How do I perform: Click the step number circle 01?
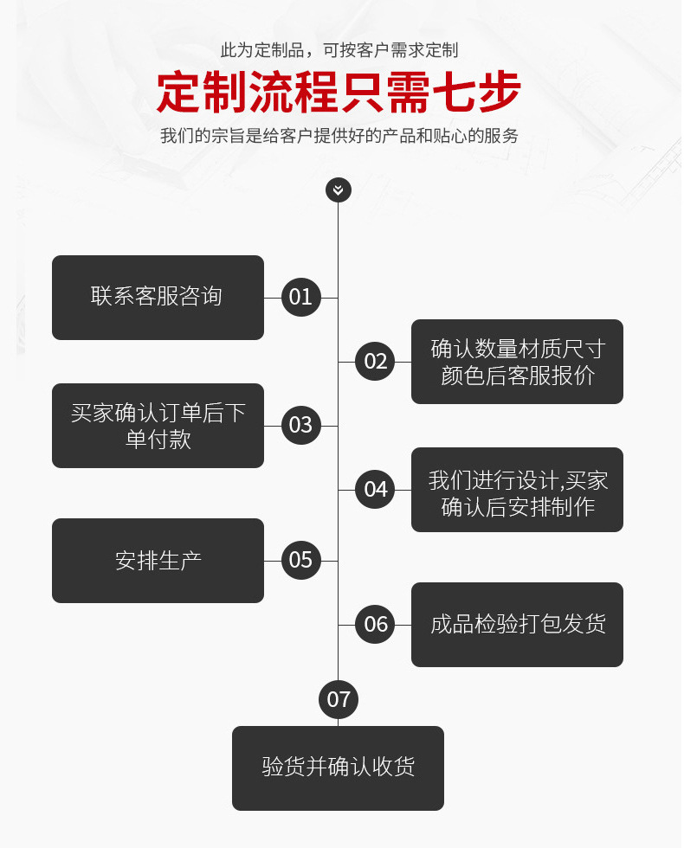coord(300,298)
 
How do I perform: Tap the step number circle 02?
coord(376,362)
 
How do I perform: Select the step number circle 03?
coord(300,426)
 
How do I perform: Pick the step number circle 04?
coord(376,490)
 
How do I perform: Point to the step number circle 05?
coord(300,561)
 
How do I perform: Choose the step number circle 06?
coord(376,625)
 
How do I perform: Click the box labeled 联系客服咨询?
coord(158,298)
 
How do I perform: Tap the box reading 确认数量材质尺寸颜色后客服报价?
coord(517,362)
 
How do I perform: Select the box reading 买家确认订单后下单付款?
coord(158,426)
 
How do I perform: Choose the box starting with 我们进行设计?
coord(517,490)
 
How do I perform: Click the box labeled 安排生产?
coord(158,561)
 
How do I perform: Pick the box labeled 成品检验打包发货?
coord(517,625)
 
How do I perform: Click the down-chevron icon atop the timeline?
coord(339,190)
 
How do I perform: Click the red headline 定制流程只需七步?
coord(339,93)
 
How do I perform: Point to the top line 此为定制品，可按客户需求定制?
coord(339,50)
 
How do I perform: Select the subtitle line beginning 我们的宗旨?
coord(339,136)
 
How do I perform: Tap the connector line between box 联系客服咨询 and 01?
coord(273,298)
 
